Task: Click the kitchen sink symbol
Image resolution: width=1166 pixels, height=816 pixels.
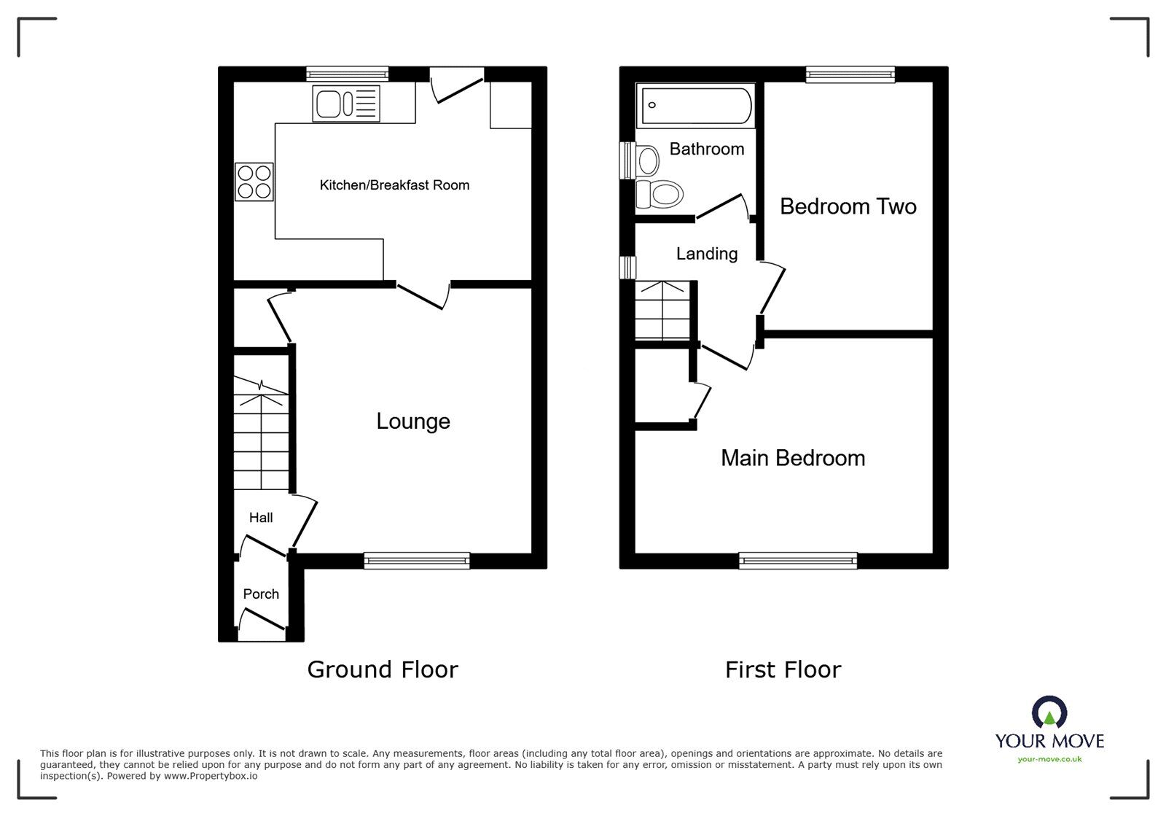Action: click(x=346, y=104)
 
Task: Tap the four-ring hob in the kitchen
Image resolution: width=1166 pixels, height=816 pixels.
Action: click(x=254, y=182)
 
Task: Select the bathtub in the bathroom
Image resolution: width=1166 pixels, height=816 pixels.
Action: click(x=696, y=106)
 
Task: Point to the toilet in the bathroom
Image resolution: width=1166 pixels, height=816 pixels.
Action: click(x=660, y=194)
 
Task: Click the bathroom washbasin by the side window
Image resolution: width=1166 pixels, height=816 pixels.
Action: click(x=647, y=161)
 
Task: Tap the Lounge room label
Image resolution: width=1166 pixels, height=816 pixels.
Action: click(x=413, y=421)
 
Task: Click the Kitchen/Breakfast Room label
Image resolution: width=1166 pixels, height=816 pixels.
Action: click(x=394, y=185)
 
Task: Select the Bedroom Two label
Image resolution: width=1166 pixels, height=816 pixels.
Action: click(x=848, y=206)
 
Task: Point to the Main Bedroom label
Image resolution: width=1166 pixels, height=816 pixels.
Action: click(x=793, y=458)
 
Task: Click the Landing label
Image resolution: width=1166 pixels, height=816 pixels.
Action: click(x=707, y=254)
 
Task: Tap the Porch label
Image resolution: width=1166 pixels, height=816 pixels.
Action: click(x=261, y=594)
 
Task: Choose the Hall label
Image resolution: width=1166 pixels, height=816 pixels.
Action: click(x=261, y=518)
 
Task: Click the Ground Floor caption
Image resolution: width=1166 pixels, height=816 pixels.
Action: click(x=383, y=669)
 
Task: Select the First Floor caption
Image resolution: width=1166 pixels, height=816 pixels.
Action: click(x=783, y=669)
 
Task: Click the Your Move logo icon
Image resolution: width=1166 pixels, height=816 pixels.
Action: click(x=1049, y=711)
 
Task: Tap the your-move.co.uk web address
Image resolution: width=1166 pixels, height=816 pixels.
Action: click(x=1049, y=759)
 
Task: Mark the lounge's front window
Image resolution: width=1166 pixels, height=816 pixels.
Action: click(x=416, y=560)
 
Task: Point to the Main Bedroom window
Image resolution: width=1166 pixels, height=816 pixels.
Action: click(x=798, y=560)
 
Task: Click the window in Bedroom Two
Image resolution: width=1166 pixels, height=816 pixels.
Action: click(x=850, y=74)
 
